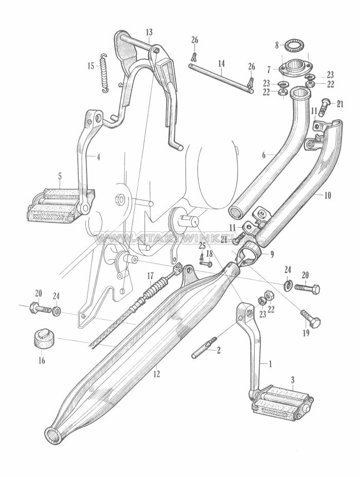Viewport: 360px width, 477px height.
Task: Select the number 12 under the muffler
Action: pyautogui.click(x=156, y=374)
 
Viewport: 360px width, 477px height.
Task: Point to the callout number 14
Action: pyautogui.click(x=221, y=64)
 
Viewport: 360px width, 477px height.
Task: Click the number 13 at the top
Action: pyautogui.click(x=149, y=32)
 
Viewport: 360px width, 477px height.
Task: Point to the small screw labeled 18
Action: pyautogui.click(x=206, y=264)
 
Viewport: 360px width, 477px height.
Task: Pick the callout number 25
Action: pyautogui.click(x=202, y=246)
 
